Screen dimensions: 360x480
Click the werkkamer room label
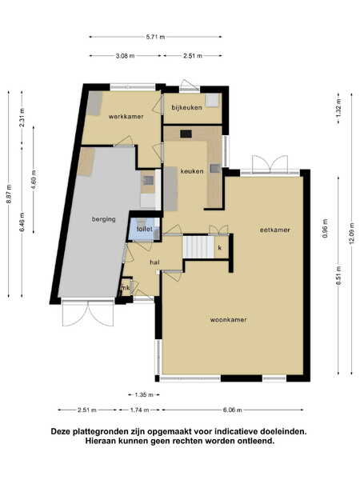point(126,117)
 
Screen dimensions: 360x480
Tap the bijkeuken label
point(186,107)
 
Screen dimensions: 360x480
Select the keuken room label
point(192,171)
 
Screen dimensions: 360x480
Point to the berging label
point(104,219)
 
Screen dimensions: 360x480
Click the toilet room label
point(144,229)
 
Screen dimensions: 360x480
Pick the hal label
point(154,262)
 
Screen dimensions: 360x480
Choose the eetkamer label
point(275,230)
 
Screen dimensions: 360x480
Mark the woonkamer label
point(228,319)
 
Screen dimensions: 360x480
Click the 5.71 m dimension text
point(155,37)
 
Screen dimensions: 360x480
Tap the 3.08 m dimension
point(126,56)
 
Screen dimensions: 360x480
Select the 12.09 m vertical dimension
point(351,233)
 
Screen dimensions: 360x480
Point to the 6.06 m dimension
point(233,410)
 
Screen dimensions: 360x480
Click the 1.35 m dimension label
point(144,395)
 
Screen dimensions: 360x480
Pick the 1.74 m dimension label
point(139,410)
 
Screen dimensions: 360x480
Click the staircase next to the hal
point(198,246)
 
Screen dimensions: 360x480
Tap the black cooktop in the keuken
point(186,134)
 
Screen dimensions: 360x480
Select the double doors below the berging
point(89,313)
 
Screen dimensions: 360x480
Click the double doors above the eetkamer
point(270,164)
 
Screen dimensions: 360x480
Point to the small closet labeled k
point(221,247)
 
